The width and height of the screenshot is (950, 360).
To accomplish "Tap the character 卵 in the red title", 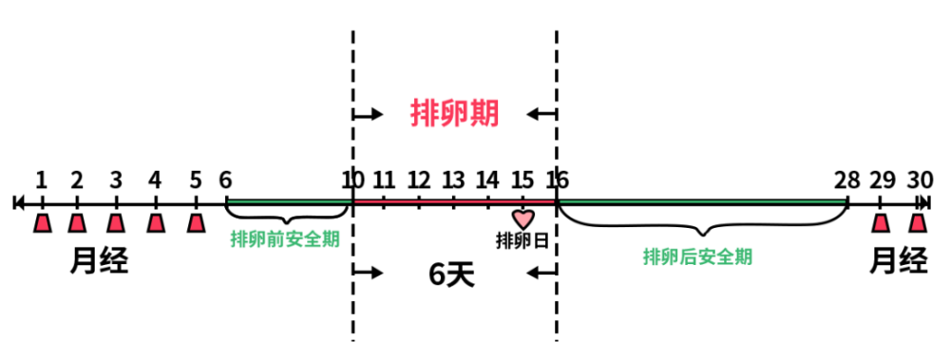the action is tap(454, 113).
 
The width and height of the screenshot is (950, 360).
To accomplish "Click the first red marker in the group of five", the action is tap(43, 223).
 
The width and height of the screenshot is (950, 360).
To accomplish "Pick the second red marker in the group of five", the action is tap(77, 223).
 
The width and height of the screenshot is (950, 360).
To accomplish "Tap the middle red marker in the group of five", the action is tap(116, 223).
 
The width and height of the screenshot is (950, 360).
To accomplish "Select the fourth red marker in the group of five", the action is tap(156, 223).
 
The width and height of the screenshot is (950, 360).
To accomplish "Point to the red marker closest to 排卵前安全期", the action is tap(196, 223).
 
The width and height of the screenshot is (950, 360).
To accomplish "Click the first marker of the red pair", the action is tap(881, 223).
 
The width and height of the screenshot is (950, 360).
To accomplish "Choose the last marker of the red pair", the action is tap(918, 223).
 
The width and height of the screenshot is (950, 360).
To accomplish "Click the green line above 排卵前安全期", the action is tap(290, 201).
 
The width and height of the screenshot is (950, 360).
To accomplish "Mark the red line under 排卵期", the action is tap(454, 201).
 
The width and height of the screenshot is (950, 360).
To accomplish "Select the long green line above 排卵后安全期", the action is tap(702, 201).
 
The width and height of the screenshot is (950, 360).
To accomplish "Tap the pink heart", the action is tap(523, 218).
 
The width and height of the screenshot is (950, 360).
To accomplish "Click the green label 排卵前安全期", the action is tap(285, 238).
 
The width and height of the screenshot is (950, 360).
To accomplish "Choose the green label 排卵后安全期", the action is tap(697, 256).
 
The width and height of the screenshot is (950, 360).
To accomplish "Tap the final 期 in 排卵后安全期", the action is tap(744, 256).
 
